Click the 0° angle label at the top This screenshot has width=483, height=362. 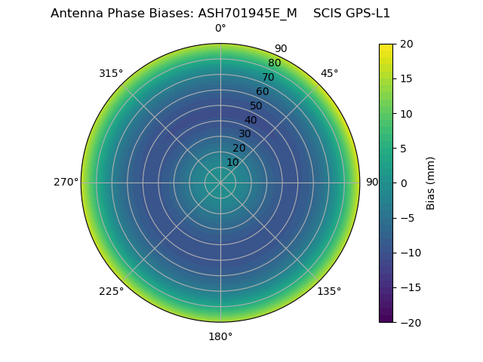[x=220, y=29]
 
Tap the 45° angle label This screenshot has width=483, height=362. [x=329, y=73]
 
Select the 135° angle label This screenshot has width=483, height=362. [x=329, y=291]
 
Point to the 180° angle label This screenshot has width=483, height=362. [x=220, y=336]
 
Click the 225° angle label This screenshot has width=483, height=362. [x=111, y=291]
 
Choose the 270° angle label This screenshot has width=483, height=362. [x=66, y=183]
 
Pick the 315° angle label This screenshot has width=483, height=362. [x=111, y=73]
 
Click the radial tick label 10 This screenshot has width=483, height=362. [x=232, y=162]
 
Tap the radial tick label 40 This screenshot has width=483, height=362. [x=251, y=120]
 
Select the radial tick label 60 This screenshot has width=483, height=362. [x=263, y=92]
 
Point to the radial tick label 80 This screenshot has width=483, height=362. [x=275, y=63]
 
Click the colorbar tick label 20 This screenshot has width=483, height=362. [x=406, y=44]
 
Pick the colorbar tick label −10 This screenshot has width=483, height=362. [x=410, y=253]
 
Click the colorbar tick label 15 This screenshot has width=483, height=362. [x=406, y=78]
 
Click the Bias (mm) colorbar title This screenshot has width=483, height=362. [x=431, y=183]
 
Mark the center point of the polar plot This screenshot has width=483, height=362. [x=220, y=183]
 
